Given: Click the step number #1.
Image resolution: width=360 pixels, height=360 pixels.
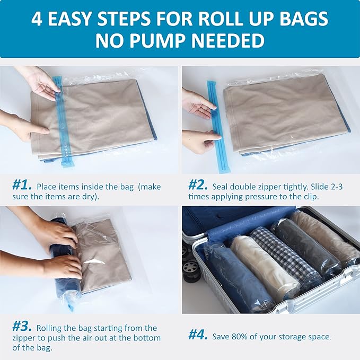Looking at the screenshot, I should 22,186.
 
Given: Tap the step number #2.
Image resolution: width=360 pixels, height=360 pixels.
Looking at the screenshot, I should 198,186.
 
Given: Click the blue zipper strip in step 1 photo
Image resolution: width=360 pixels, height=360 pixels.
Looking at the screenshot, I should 59,122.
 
